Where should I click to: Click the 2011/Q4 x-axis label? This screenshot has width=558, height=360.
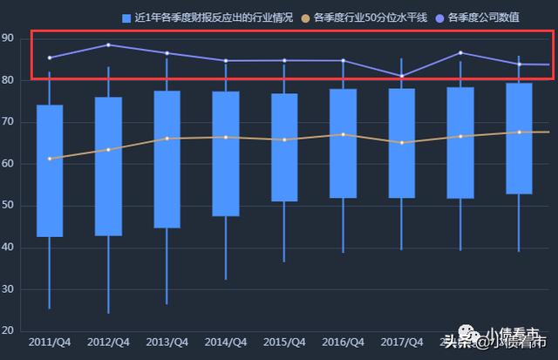(x=50, y=343)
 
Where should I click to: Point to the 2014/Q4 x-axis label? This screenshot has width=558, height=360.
(x=226, y=343)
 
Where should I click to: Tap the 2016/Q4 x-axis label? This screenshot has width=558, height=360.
(x=343, y=343)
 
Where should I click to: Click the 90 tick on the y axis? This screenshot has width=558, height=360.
(x=8, y=38)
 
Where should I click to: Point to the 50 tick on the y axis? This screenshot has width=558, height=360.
(x=8, y=206)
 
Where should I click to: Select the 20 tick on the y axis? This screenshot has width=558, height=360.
(x=8, y=331)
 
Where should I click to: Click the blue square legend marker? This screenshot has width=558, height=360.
(x=126, y=17)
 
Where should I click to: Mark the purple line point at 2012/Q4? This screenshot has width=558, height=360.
(x=108, y=44)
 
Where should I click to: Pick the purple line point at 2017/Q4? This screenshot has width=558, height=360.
(x=401, y=76)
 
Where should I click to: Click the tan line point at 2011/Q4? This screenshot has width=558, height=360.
(x=50, y=159)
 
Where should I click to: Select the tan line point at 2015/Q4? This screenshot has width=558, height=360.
(x=284, y=139)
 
